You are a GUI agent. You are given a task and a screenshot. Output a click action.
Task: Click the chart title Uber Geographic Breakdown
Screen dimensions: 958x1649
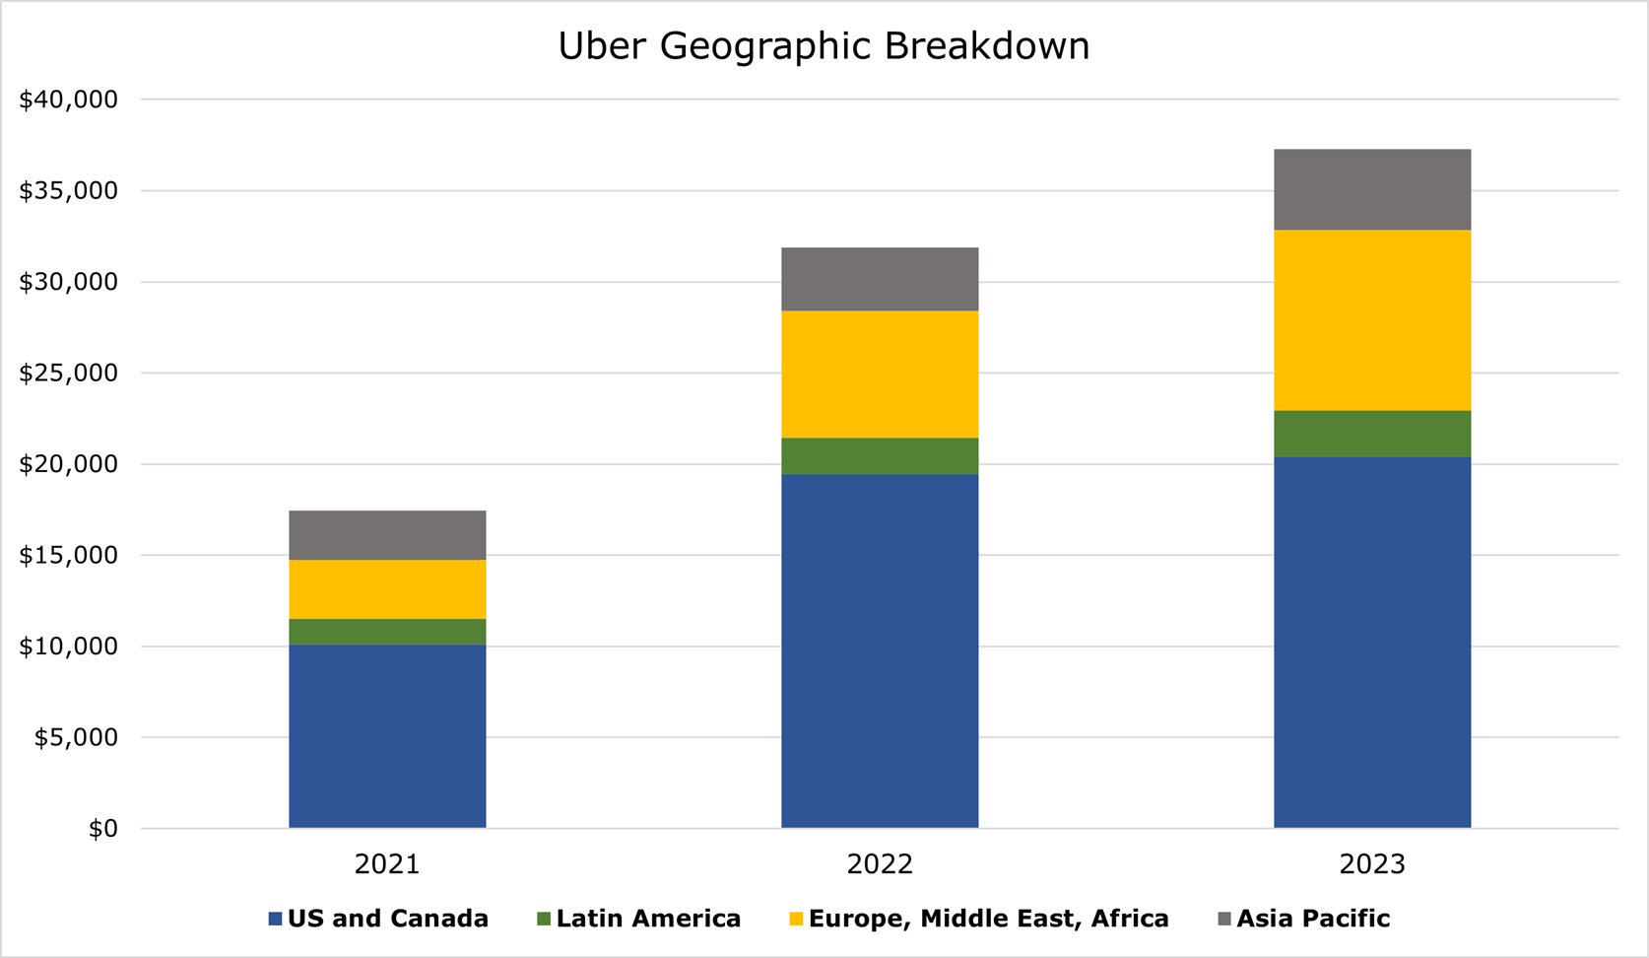pyautogui.click(x=824, y=46)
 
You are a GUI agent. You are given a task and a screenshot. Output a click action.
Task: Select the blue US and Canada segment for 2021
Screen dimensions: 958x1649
pyautogui.click(x=387, y=735)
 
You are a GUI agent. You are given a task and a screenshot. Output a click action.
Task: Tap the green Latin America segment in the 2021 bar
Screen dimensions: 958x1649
pyautogui.click(x=387, y=632)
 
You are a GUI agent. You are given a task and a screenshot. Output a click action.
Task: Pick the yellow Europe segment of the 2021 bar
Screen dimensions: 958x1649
pyautogui.click(x=387, y=589)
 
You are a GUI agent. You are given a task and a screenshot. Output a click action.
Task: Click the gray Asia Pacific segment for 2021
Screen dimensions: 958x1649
pyautogui.click(x=387, y=535)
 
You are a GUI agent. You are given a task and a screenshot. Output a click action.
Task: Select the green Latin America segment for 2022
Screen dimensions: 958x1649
pyautogui.click(x=880, y=456)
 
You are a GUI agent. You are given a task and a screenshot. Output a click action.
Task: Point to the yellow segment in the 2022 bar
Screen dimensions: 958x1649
pyautogui.click(x=880, y=375)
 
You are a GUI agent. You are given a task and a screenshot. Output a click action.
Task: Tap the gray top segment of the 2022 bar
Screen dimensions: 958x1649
pyautogui.click(x=880, y=279)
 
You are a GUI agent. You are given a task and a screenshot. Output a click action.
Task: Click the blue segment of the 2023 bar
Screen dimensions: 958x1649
pyautogui.click(x=1372, y=642)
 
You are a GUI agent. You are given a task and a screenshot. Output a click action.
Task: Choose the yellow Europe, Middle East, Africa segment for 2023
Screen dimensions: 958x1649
pyautogui.click(x=1372, y=320)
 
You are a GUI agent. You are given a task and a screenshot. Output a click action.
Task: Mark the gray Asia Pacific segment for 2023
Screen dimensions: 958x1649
pyautogui.click(x=1372, y=189)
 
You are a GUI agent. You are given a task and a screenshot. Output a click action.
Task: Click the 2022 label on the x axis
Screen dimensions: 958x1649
pyautogui.click(x=880, y=864)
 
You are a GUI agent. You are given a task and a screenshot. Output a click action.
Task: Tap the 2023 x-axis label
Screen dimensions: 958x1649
pyautogui.click(x=1372, y=864)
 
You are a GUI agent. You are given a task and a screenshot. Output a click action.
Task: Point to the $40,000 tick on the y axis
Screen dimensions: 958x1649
pyautogui.click(x=68, y=100)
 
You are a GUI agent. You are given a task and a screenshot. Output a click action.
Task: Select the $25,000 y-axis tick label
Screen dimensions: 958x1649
pyautogui.click(x=68, y=374)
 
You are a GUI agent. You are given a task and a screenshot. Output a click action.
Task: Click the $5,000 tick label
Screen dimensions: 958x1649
pyautogui.click(x=75, y=737)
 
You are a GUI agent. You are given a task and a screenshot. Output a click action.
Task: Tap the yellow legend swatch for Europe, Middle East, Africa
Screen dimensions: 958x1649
pyautogui.click(x=796, y=920)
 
